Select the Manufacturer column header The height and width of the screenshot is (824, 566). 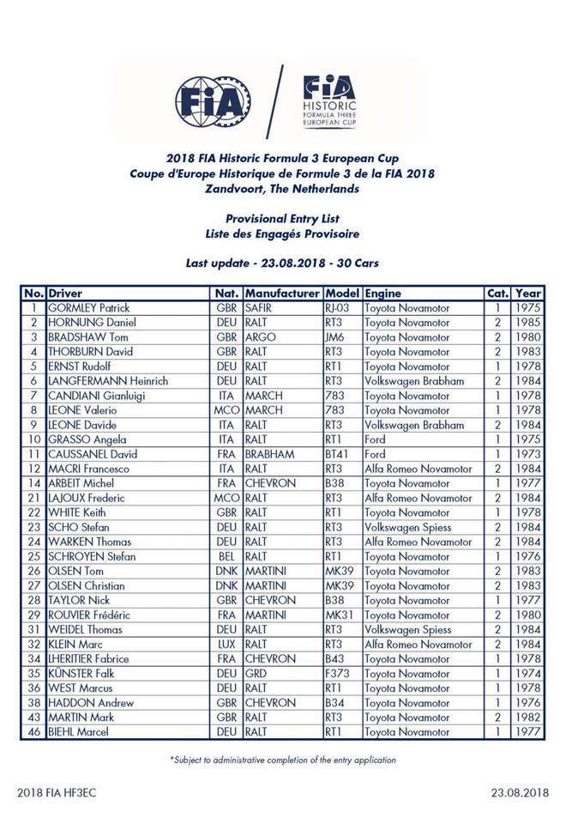pyautogui.click(x=282, y=293)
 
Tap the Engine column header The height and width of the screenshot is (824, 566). pyautogui.click(x=382, y=293)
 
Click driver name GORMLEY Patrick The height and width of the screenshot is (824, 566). pyautogui.click(x=87, y=307)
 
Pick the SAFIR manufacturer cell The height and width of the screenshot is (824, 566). pyautogui.click(x=260, y=307)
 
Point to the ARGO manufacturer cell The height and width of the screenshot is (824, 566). pyautogui.click(x=260, y=337)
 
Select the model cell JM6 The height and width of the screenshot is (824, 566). pyautogui.click(x=336, y=337)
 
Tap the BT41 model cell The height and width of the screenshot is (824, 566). pyautogui.click(x=338, y=454)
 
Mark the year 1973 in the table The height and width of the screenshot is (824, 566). pyautogui.click(x=528, y=454)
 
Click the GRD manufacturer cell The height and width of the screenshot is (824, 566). pyautogui.click(x=257, y=674)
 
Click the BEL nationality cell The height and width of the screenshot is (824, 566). pyautogui.click(x=226, y=557)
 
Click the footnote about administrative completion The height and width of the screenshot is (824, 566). pyautogui.click(x=283, y=760)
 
